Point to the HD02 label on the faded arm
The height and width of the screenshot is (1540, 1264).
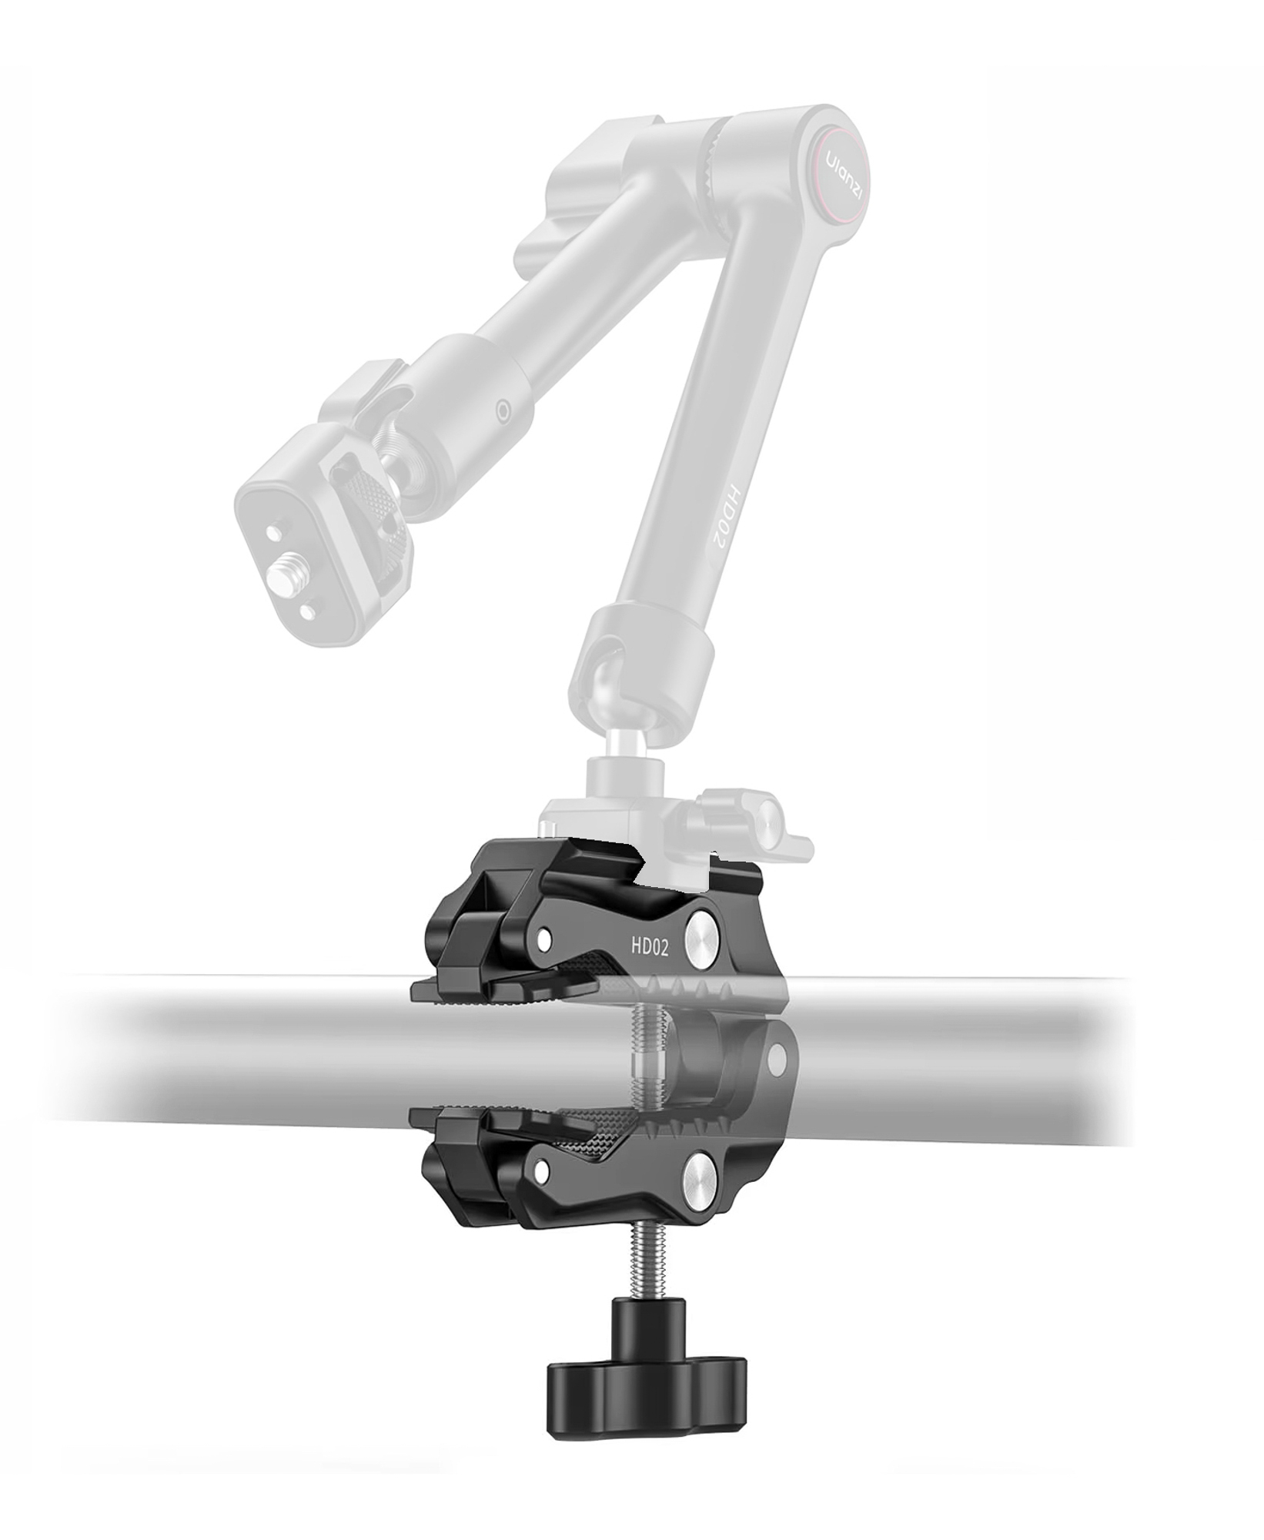coord(721,517)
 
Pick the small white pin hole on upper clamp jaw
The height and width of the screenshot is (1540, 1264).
coord(544,937)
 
